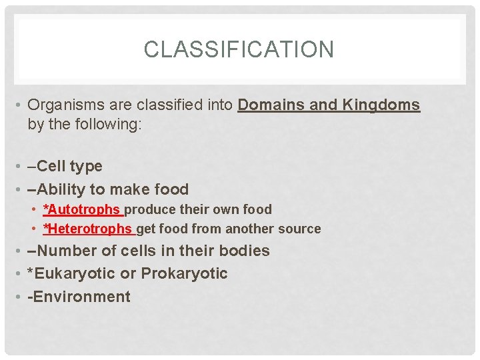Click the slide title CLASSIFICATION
[239, 49]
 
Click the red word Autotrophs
[83, 209]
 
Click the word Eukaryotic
[72, 274]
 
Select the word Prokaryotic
[185, 274]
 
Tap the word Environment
[81, 297]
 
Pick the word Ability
[71, 189]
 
